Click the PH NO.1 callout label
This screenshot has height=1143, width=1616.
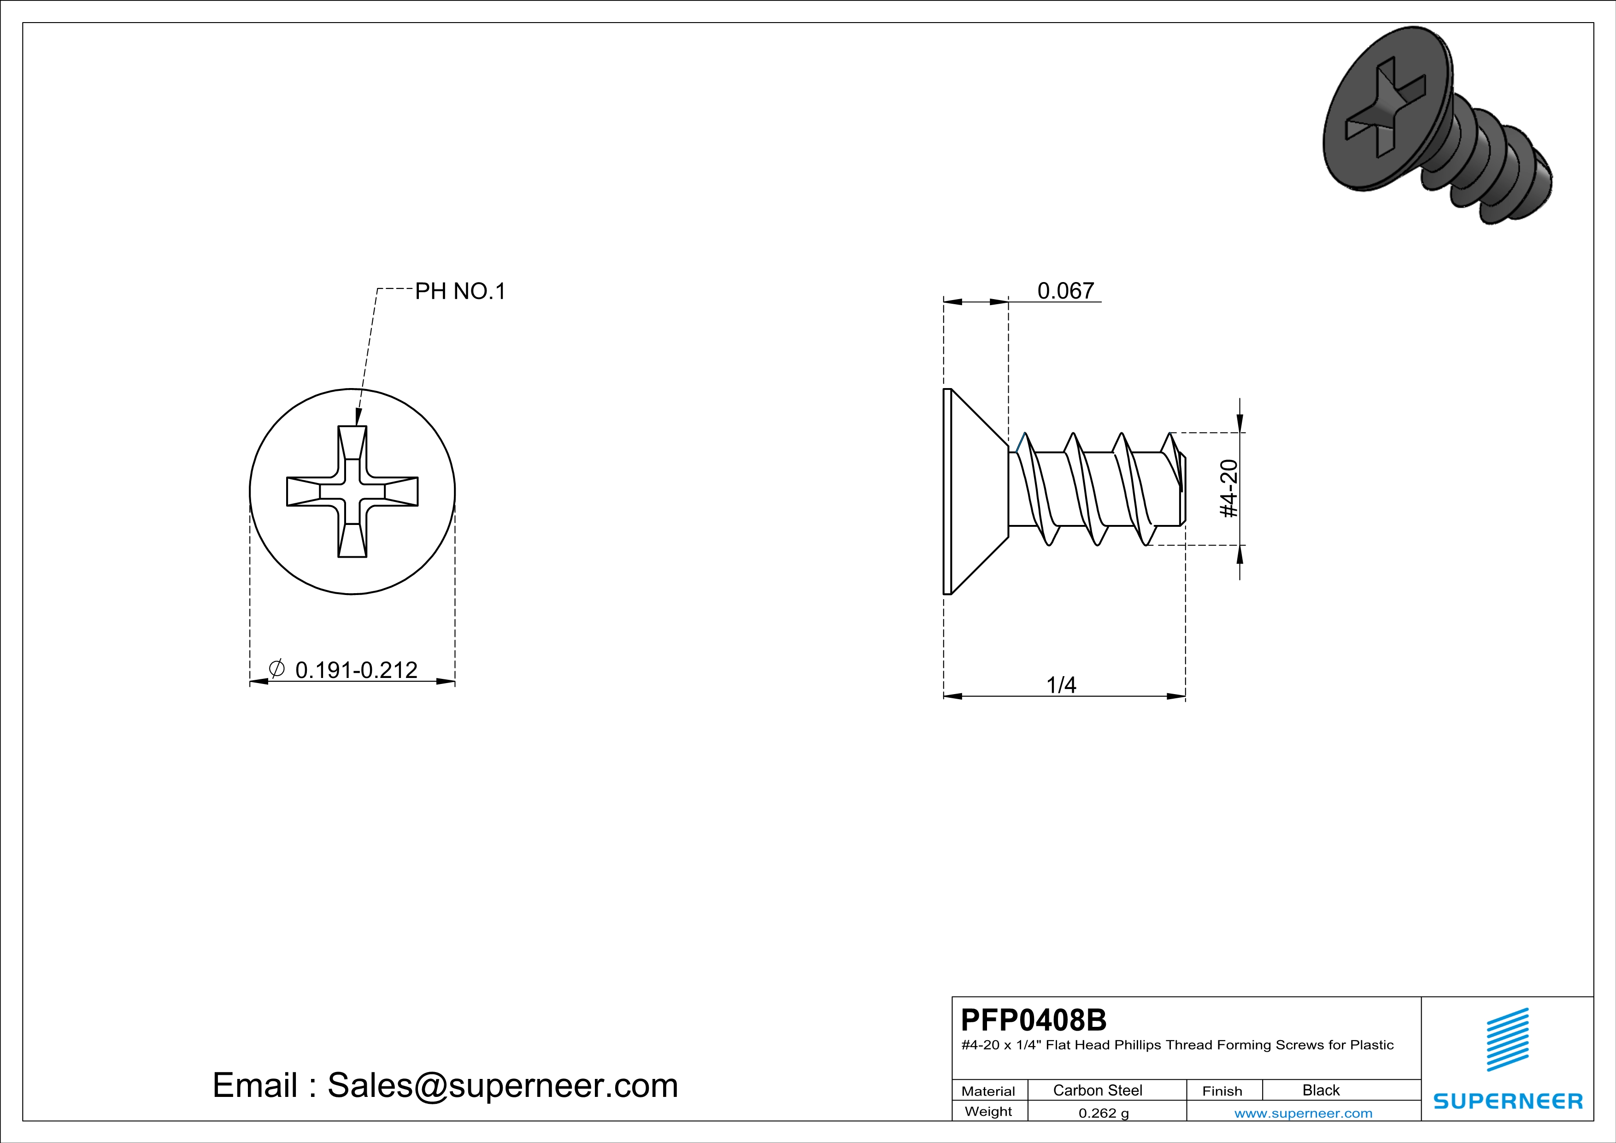(x=460, y=291)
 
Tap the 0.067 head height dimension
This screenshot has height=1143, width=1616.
(x=1066, y=291)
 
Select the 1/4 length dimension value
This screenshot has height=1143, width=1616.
(x=1061, y=685)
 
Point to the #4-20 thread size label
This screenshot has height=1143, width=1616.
(x=1228, y=489)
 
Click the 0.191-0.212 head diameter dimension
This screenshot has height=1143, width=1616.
(x=356, y=670)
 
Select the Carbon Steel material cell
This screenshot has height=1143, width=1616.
(x=1097, y=1090)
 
